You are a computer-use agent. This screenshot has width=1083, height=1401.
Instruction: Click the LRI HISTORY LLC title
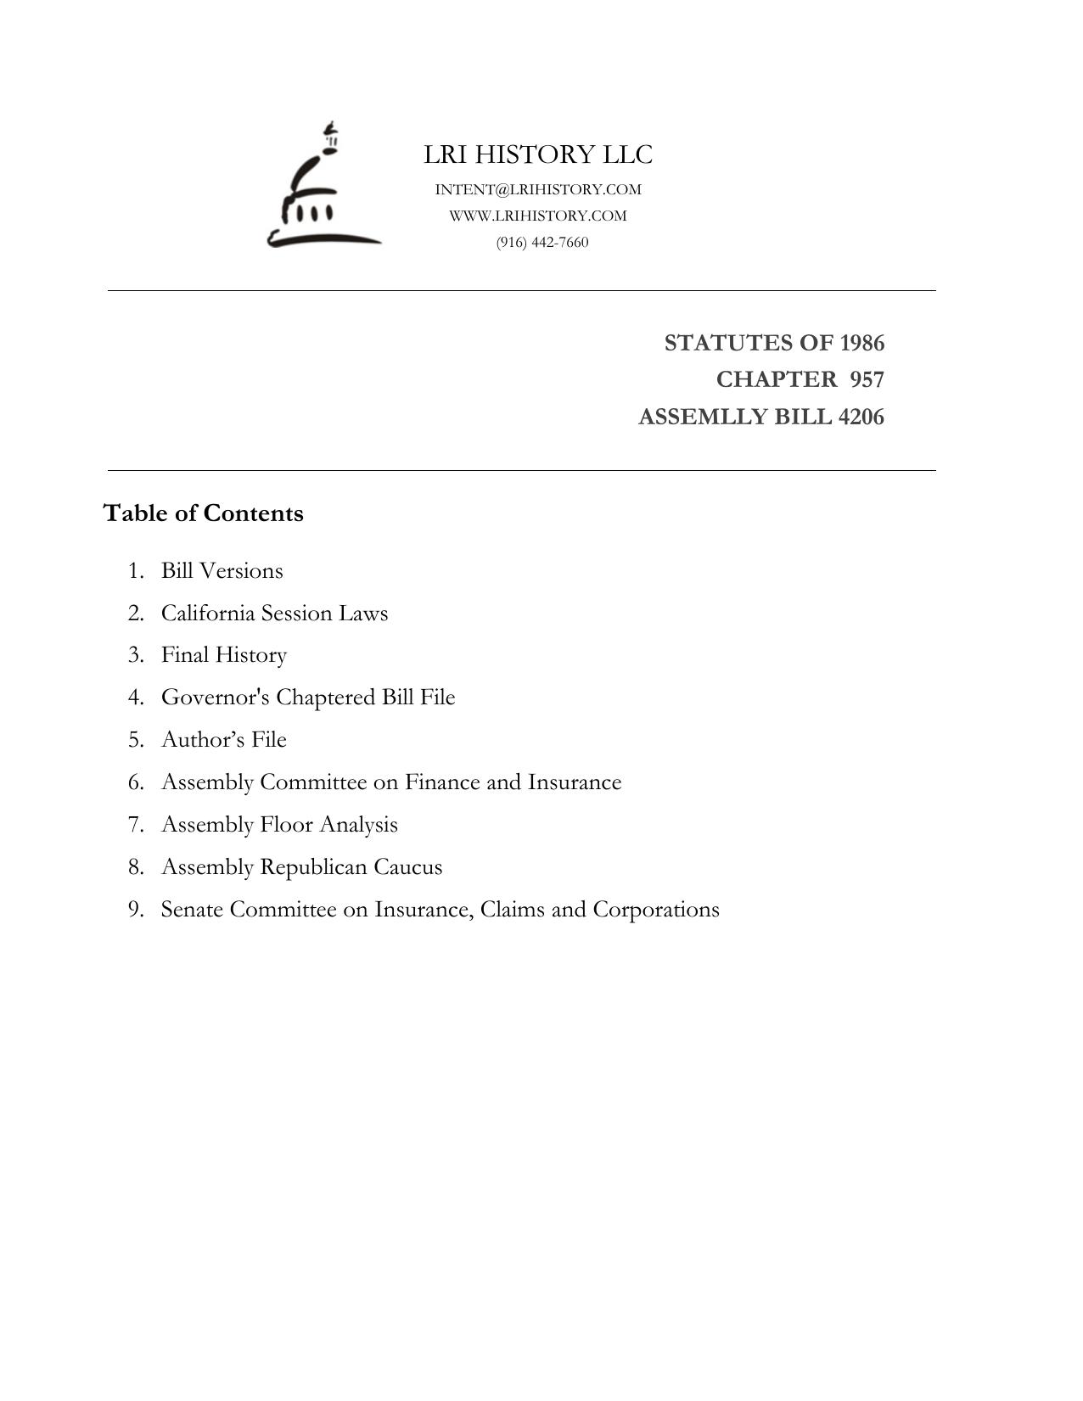click(538, 154)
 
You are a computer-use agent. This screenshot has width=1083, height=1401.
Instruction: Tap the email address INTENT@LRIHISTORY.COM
click(538, 189)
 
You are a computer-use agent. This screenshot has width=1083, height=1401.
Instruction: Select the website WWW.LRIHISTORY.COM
click(538, 216)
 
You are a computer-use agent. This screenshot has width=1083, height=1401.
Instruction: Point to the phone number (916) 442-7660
click(542, 243)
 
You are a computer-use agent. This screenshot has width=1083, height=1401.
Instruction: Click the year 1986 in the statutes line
click(861, 343)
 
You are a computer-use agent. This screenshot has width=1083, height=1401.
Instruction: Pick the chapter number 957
click(867, 379)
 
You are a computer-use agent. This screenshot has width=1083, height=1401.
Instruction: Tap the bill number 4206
click(861, 417)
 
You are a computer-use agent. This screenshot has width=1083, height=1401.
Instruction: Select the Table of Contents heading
click(204, 513)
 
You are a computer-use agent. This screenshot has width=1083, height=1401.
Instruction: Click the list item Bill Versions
click(222, 571)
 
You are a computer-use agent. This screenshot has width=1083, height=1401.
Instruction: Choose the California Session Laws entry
click(274, 614)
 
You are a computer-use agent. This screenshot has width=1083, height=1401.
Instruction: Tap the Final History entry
click(224, 655)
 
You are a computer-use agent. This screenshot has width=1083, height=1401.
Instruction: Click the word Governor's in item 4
click(216, 698)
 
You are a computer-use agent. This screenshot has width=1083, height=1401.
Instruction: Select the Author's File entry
click(224, 740)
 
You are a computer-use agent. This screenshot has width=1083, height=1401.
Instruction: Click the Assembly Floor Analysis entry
click(279, 825)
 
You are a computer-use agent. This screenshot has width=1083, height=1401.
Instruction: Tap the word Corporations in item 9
click(655, 910)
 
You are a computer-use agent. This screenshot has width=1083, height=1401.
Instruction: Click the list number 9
click(135, 910)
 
